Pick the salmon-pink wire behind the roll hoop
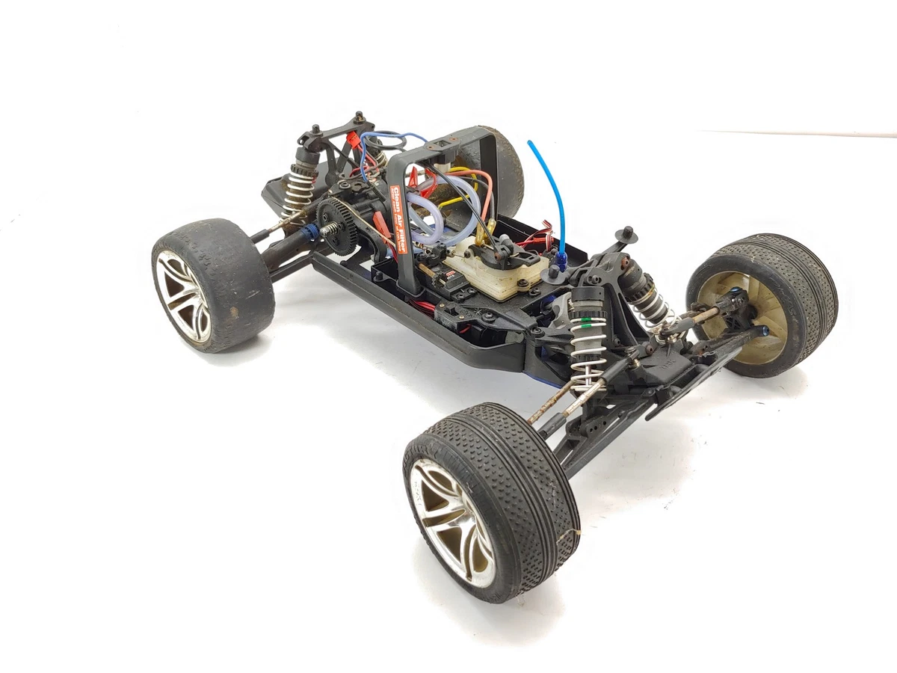click(478, 179)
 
